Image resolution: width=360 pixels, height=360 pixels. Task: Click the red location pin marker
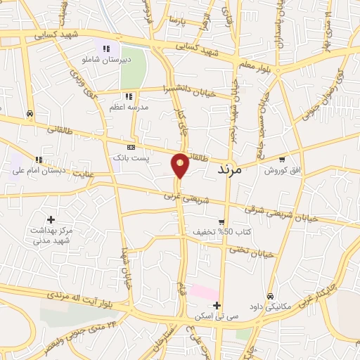[x=181, y=165]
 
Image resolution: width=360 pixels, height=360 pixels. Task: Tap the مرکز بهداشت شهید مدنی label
[x=51, y=235]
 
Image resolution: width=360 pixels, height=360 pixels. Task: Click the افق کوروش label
[x=283, y=171]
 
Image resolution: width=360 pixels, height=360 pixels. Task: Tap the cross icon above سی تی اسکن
[x=217, y=305]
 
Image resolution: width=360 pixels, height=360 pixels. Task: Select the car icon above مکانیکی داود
[x=271, y=295]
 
